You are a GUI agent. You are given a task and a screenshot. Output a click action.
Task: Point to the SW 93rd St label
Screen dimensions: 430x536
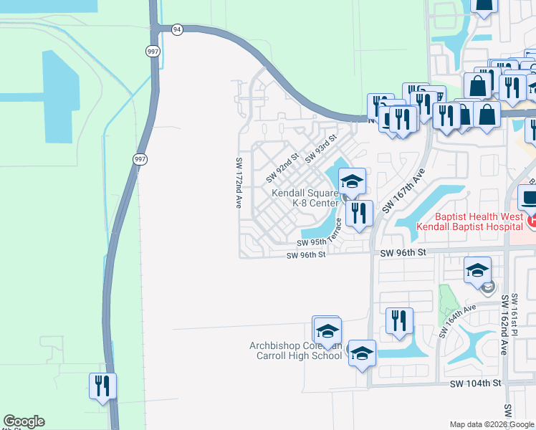320,148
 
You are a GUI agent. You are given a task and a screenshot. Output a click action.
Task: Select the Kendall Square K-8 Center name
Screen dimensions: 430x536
305,198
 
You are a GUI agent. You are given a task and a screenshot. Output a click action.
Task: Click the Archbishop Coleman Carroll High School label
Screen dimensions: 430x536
295,350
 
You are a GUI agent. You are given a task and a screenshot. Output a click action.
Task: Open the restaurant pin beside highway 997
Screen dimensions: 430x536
102,386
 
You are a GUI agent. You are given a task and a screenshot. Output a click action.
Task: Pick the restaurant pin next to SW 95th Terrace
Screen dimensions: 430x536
359,213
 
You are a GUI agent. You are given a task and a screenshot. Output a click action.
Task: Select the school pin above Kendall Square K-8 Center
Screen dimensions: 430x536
352,181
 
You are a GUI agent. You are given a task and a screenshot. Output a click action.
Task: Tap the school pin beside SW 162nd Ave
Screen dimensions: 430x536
477,270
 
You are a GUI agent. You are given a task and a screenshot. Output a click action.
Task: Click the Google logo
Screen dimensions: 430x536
24,421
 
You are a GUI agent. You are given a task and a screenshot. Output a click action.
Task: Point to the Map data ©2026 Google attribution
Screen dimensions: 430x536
492,424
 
